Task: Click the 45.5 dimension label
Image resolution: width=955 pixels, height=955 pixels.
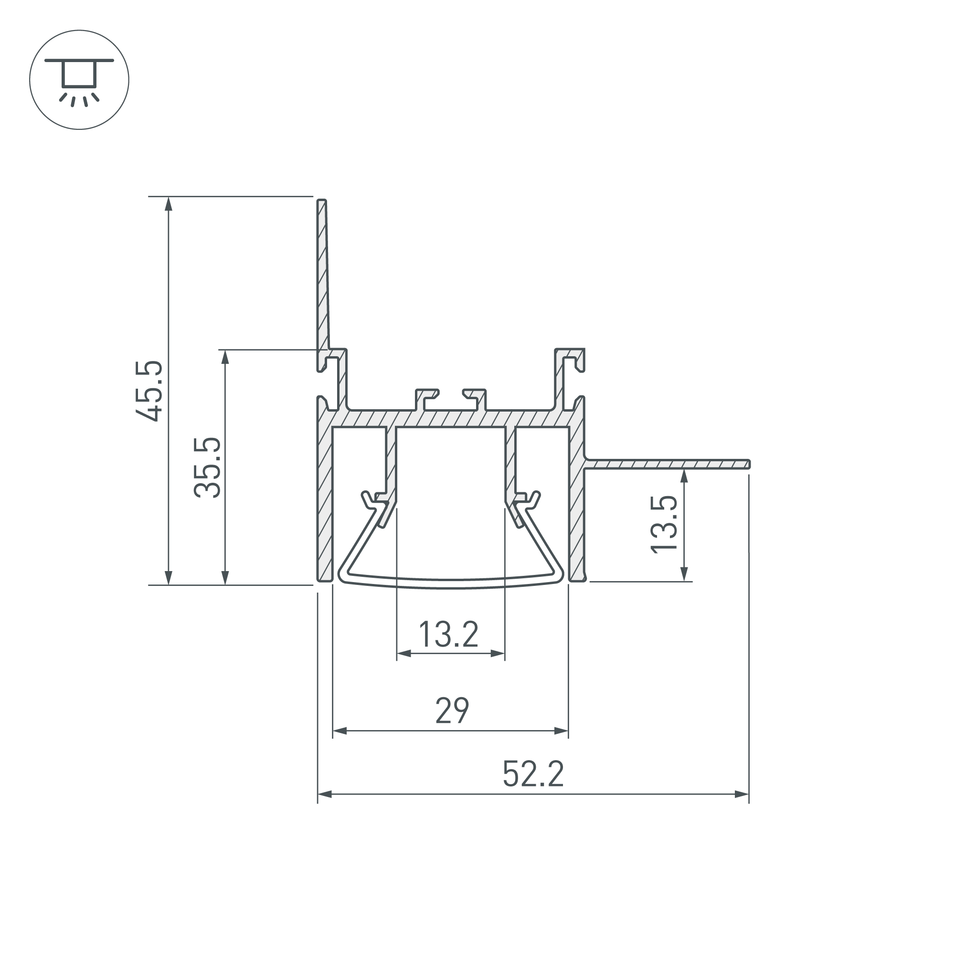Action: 149,391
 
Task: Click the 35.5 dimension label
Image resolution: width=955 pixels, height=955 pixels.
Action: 207,467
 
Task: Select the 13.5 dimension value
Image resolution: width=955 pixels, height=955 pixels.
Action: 663,524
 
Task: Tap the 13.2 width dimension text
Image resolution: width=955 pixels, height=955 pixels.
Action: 448,635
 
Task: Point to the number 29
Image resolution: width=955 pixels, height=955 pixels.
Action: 452,711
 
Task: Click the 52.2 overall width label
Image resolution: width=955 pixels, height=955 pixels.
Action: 533,774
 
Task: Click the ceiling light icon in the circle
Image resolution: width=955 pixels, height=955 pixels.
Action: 79,80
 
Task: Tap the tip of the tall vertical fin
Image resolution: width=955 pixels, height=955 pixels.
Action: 321,201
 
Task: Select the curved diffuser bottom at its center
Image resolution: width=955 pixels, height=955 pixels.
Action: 451,584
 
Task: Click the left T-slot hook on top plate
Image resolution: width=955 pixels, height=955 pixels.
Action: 426,395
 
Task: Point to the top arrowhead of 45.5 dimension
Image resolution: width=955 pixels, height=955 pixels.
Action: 169,202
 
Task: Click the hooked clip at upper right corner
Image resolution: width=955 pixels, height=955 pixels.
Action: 573,358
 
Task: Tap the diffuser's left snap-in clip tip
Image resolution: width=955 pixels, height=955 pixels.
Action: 366,496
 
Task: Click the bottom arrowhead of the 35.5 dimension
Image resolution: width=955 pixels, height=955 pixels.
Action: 225,578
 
